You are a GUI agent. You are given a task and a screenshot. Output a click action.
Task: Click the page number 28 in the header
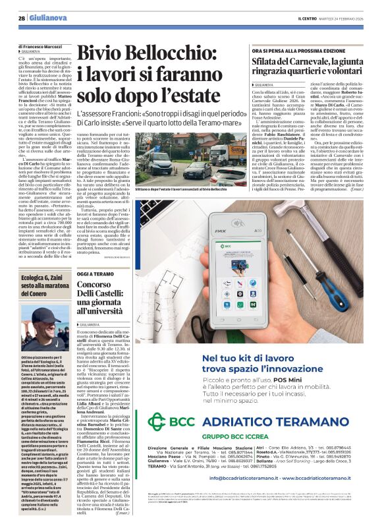21,18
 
